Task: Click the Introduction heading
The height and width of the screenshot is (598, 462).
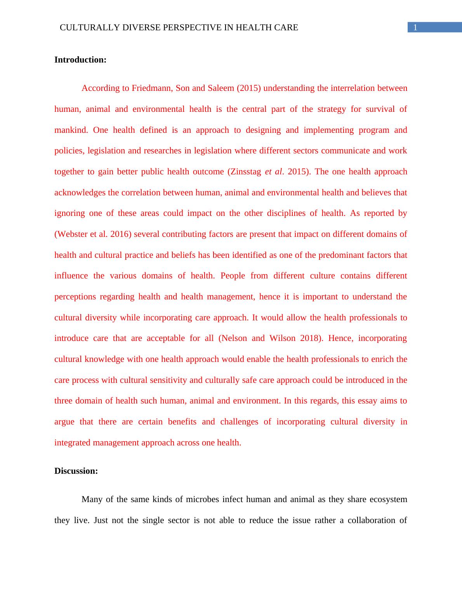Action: click(x=80, y=60)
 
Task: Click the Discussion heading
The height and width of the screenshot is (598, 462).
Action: click(x=76, y=471)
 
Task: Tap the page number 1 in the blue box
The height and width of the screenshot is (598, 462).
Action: click(x=415, y=28)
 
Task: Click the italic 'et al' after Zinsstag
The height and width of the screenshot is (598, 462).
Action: click(x=273, y=172)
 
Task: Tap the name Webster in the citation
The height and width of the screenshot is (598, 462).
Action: click(x=72, y=234)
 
